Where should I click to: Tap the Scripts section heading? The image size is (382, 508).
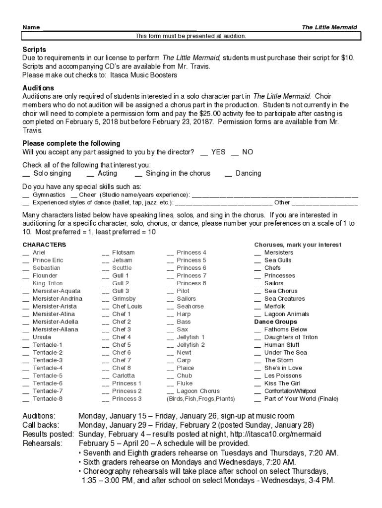coord(34,50)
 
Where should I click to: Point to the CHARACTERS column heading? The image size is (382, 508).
coord(44,245)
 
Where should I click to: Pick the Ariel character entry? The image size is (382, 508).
coord(39,253)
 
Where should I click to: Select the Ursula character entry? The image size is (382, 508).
coord(41,337)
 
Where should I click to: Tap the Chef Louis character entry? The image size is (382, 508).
coord(127,306)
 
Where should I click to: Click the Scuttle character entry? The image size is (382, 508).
coord(122,268)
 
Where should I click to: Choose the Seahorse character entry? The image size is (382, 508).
coord(190,306)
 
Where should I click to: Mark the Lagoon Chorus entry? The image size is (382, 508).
coord(197,391)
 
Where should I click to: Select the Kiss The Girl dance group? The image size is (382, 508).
coord(282,383)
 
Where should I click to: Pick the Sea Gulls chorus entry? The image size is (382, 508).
coord(277,260)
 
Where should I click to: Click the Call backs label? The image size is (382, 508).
coord(41,425)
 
